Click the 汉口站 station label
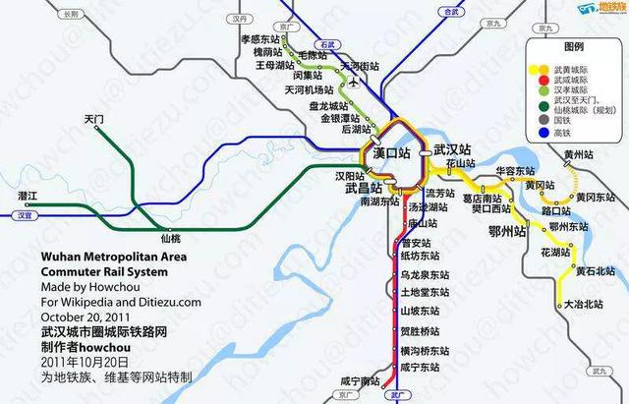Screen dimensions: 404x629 tap(391, 154)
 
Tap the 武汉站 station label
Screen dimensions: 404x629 tap(455, 148)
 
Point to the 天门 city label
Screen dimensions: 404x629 tap(94, 120)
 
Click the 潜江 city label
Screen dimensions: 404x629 tap(28, 198)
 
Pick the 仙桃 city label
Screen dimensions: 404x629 tap(169, 239)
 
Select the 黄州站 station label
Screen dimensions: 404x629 tap(582, 155)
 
